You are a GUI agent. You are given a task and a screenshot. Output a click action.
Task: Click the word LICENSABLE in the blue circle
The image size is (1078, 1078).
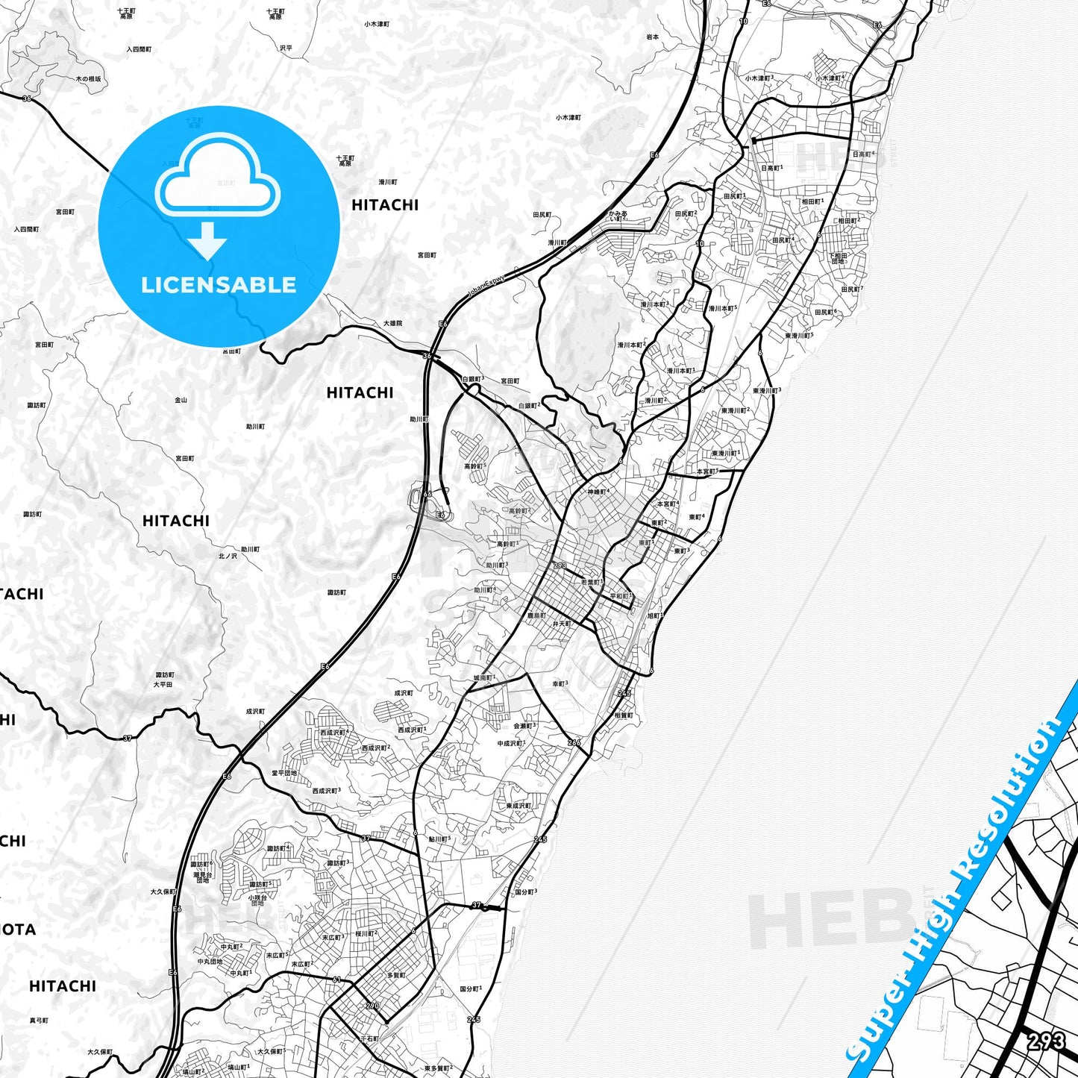click(x=219, y=285)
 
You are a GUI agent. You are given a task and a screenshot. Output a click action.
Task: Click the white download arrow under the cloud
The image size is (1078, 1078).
click(x=207, y=240)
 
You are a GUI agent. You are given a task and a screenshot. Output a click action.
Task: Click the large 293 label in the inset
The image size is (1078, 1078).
click(x=1045, y=1041)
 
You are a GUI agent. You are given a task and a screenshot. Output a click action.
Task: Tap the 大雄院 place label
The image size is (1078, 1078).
click(x=392, y=323)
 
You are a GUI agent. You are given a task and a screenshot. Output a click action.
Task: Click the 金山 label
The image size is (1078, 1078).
click(x=181, y=400)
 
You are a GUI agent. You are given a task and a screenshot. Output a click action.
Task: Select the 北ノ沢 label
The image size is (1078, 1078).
click(x=228, y=556)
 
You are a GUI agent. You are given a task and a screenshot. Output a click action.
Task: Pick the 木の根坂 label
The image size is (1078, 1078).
click(x=88, y=78)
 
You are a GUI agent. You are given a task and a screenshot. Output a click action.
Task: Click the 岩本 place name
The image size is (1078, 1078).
click(x=652, y=37)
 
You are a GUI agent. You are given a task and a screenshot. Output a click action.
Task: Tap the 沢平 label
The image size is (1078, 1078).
click(x=286, y=48)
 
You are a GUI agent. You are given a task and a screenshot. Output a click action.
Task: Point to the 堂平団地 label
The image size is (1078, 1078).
click(x=284, y=773)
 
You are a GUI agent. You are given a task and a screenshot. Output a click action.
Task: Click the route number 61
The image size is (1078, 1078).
click(x=336, y=980)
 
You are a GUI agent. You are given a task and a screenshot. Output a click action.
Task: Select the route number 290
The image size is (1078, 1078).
click(x=372, y=1006)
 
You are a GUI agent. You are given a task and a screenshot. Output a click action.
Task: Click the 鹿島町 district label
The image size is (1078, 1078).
click(x=536, y=615)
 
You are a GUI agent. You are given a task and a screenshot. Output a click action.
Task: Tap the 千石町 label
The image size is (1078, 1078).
click(x=369, y=1038)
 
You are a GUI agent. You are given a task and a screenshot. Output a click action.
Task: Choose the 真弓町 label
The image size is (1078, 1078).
click(x=38, y=1020)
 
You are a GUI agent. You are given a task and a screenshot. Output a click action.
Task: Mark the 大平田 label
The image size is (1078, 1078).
click(x=163, y=683)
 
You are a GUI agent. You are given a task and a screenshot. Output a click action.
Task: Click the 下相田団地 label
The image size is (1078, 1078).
click(x=839, y=257)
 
